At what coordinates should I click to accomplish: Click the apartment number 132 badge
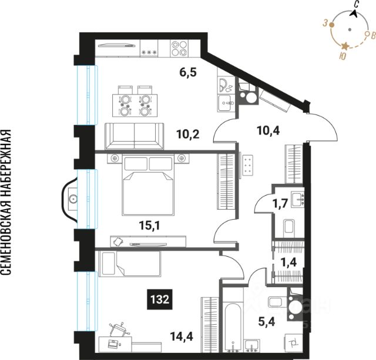coord(160,300)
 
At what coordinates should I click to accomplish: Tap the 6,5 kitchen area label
coord(188,72)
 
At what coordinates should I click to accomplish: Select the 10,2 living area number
coord(188,134)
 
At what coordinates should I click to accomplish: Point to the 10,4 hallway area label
coord(268,131)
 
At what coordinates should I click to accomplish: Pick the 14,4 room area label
coord(182,337)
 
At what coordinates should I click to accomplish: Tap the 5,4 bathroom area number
coord(267,321)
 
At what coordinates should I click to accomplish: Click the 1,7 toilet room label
coord(280,204)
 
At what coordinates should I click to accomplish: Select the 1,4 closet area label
coord(289,263)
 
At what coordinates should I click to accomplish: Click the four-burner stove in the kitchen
coord(179,48)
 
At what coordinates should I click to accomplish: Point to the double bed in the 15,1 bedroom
coord(149,185)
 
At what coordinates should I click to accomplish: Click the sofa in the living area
coord(135,136)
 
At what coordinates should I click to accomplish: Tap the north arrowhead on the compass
coord(354,14)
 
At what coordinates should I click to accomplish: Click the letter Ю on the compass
coord(343,56)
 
